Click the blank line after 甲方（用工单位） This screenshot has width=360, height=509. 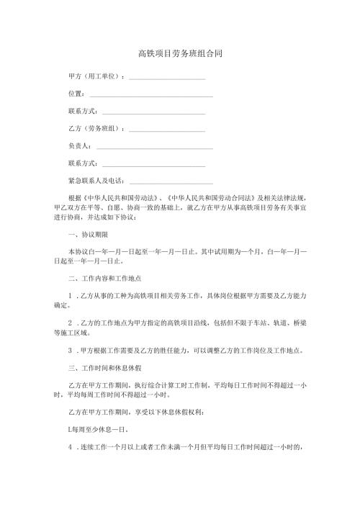166,78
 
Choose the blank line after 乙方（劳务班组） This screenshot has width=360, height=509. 166,130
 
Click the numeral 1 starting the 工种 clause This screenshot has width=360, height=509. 69,295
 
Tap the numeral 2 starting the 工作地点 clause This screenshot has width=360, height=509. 69,321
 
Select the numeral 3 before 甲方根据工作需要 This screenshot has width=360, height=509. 69,351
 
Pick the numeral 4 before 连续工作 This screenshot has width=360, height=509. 69,446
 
